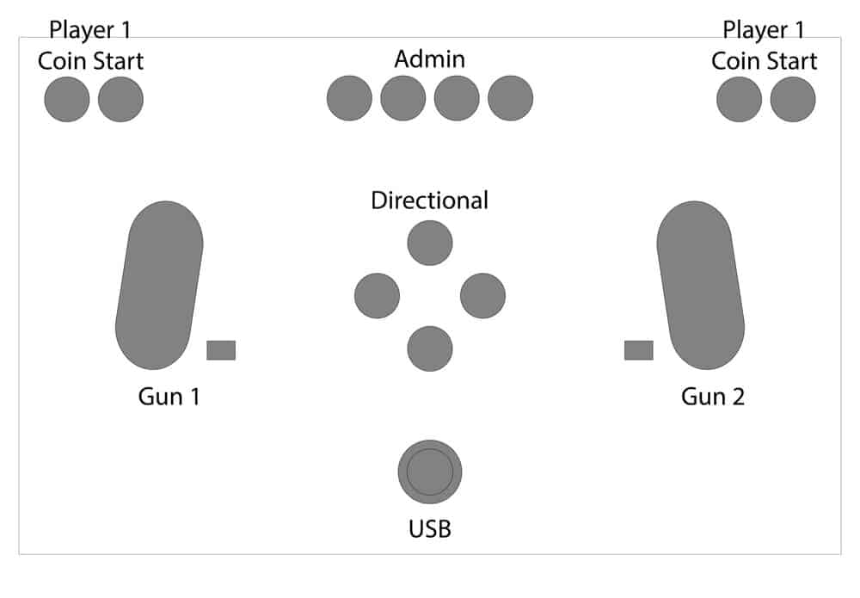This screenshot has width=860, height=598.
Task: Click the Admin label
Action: point(429,59)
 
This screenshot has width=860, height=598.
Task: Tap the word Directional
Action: point(429,200)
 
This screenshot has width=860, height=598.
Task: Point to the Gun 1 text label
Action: point(169,397)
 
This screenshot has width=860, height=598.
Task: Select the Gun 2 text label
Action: point(713,397)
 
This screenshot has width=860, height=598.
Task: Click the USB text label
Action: point(429,528)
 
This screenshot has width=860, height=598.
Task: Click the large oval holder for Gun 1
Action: point(159,285)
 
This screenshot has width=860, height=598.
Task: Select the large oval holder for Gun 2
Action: point(701,285)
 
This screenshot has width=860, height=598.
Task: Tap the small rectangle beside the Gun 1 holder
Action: point(221,350)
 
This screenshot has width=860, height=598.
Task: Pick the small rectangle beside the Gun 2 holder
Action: point(638,350)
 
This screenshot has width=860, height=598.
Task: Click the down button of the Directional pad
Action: point(430,348)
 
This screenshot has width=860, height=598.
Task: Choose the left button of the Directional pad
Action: point(377,295)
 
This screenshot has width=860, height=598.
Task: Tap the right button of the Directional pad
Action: point(482,295)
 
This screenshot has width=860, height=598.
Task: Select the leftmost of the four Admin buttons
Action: point(349,98)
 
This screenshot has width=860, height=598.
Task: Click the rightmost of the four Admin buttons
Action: point(510,98)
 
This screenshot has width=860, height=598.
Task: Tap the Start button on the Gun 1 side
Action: point(120,99)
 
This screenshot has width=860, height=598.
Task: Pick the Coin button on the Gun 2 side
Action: point(739,99)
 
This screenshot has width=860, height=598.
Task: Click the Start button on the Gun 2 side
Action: point(792,99)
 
